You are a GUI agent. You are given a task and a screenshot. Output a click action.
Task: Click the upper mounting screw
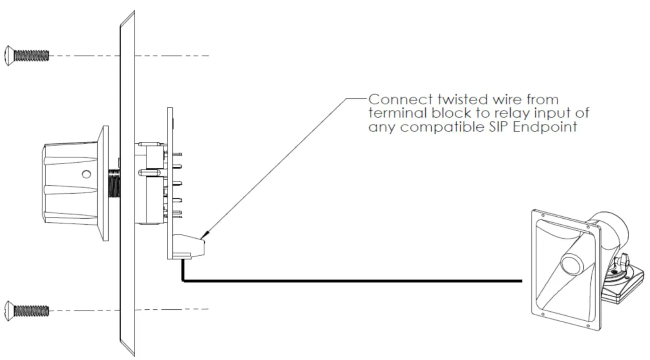coord(27,56)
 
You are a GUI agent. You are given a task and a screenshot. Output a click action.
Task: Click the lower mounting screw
coord(27,311)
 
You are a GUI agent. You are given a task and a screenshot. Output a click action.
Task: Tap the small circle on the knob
coord(86,174)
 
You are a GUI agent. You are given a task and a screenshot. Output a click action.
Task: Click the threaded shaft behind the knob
coord(114,184)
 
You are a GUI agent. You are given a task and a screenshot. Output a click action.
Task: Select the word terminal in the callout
coord(398,113)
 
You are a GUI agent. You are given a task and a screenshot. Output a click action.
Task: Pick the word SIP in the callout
coord(499,127)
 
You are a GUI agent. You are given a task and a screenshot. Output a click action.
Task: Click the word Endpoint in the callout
coord(545,127)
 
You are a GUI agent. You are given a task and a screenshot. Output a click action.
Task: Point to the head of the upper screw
coord(9,56)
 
